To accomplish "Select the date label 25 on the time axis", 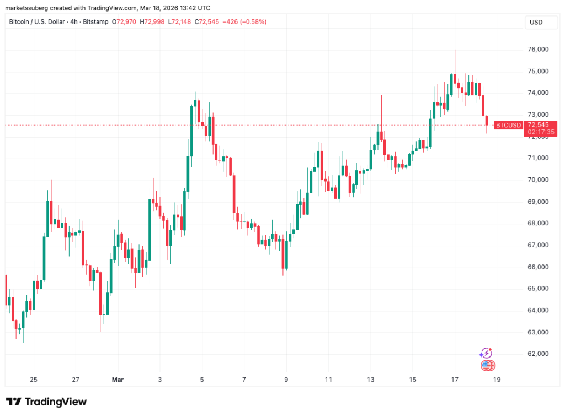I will [x=34, y=380].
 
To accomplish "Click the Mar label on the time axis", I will [x=118, y=380].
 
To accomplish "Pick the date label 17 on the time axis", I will [x=454, y=380].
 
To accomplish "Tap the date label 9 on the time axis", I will [x=286, y=380].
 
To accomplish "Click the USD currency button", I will [x=536, y=22].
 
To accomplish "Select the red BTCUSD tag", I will [x=508, y=125].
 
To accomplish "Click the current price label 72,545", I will [x=538, y=125].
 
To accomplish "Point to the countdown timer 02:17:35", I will [x=538, y=132].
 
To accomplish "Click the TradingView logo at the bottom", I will [x=46, y=402].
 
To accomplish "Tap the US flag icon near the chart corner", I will [x=488, y=365].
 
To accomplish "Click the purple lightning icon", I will [x=486, y=353].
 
